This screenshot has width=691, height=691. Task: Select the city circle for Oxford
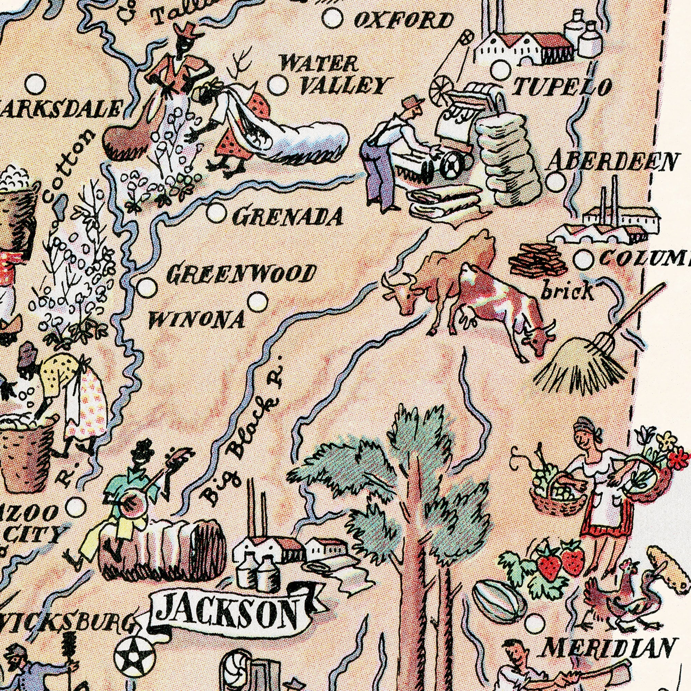[333, 18]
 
